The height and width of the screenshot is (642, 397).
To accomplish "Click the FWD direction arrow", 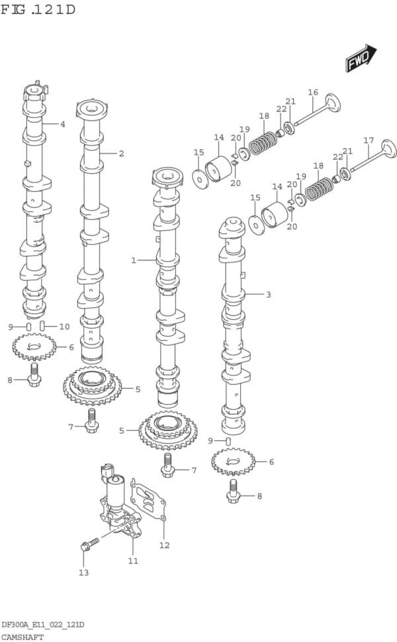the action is (361, 58).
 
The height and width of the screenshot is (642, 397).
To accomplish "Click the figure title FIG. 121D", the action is (38, 9).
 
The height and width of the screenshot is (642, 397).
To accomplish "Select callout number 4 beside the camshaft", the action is (62, 124).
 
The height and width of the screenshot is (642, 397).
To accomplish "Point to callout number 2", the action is (121, 153).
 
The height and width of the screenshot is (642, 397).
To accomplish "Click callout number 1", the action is (133, 260).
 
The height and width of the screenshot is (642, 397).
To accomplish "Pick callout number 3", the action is (268, 294).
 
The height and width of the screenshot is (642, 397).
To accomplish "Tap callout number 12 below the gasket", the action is (164, 545).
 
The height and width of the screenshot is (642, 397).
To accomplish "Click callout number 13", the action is (83, 573).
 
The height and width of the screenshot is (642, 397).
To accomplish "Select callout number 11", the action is (133, 561).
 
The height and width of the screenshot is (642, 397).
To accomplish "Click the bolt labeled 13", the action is (90, 544).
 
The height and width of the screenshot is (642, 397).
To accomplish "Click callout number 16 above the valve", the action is (312, 92).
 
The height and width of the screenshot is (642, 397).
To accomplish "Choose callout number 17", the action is (369, 140).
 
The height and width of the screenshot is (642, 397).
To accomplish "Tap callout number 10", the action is (64, 327).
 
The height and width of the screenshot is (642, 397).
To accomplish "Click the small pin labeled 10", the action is (42, 326).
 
